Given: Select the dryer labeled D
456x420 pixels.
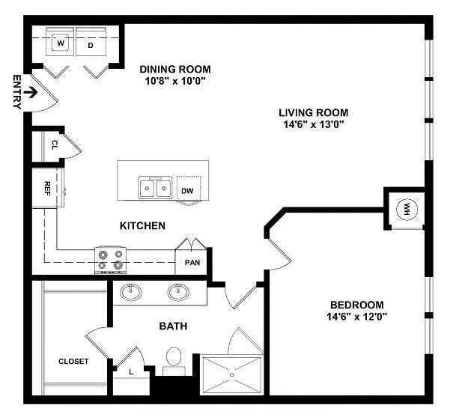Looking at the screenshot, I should coord(91,45).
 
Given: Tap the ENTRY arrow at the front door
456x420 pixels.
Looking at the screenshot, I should coord(30,94).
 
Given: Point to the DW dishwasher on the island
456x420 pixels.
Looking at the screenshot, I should coord(187,191).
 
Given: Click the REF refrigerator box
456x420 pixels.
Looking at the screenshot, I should coord(47,187).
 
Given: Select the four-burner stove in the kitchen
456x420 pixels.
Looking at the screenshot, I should coord(110,260).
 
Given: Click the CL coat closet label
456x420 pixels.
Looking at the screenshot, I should coord(55,145).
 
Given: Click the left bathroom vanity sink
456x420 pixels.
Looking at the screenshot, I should coord(133,293).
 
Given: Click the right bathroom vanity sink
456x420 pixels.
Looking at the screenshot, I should coord(178,293).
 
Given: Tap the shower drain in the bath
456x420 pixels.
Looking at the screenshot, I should coord(232,374).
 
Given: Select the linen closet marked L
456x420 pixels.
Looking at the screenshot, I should coord(132,371).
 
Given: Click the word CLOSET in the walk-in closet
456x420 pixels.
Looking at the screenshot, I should coord(73,362).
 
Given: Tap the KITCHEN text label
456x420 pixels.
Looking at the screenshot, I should coord(142,225).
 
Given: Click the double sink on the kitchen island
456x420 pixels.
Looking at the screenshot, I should coord(155,187).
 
